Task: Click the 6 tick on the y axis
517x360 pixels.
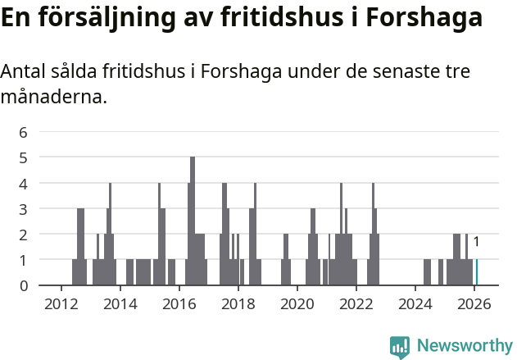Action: [23, 131]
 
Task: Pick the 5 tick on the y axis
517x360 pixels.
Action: [23, 157]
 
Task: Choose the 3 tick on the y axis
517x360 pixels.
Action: [23, 208]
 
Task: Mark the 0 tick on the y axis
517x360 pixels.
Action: [23, 285]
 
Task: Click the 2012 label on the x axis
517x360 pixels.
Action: [61, 303]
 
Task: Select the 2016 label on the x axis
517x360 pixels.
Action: [179, 303]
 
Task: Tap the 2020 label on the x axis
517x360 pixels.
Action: [297, 303]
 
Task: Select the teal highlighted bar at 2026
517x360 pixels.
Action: [477, 272]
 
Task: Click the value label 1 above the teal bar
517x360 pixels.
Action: [476, 242]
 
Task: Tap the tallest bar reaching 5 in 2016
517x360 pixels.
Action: [193, 221]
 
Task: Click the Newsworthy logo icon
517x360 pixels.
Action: [400, 347]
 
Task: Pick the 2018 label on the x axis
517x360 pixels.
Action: [238, 303]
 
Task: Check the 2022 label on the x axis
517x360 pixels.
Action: [356, 303]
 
